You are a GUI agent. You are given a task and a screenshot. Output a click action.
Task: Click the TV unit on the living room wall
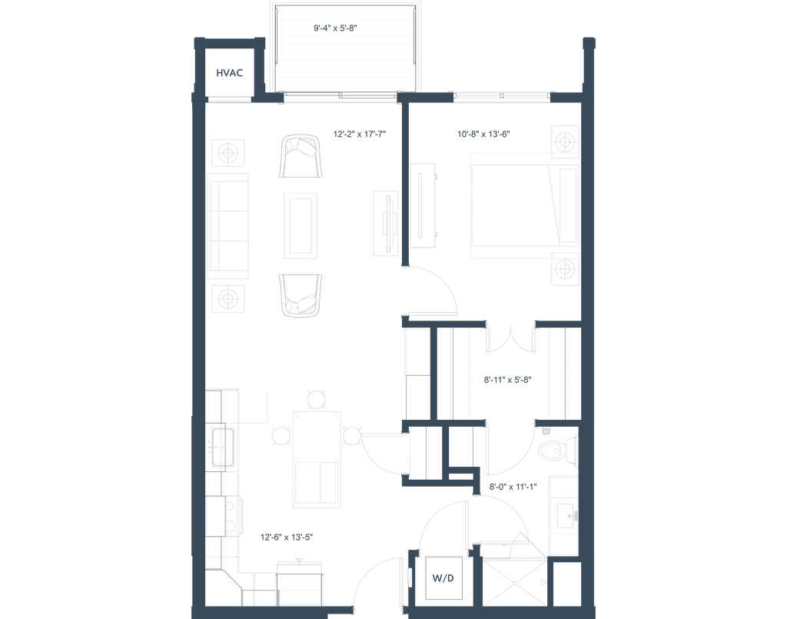click(387, 223)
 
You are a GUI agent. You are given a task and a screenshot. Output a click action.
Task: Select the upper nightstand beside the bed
click(565, 141)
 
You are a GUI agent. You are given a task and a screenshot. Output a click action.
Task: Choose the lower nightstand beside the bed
click(565, 269)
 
